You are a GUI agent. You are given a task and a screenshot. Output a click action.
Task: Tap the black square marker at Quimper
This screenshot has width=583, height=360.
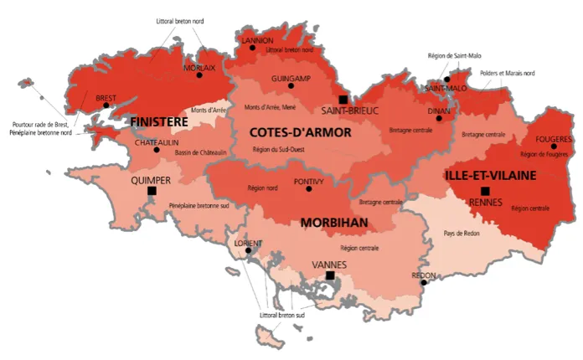[x=152, y=191]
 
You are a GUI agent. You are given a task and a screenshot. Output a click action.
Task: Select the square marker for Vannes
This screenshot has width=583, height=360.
[x=330, y=275]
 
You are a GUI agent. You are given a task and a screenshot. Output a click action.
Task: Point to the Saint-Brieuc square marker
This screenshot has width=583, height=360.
[x=343, y=99]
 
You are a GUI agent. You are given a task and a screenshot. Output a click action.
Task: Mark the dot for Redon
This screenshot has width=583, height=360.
[x=424, y=282]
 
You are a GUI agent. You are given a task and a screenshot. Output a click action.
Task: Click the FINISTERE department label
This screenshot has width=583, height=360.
[x=159, y=122]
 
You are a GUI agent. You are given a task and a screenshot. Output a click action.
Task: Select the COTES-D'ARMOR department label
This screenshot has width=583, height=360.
[x=289, y=131]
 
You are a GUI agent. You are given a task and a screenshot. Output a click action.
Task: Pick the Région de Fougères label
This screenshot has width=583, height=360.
[x=544, y=154]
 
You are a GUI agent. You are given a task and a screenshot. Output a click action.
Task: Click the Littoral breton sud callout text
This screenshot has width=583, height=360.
[x=281, y=315]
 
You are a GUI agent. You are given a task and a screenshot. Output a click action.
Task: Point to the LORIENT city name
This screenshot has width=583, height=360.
[x=247, y=244]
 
